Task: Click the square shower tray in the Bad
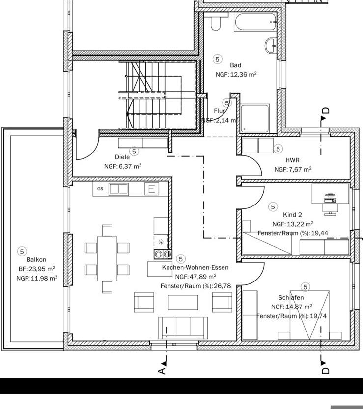(x=255, y=118)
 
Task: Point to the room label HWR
(x=292, y=160)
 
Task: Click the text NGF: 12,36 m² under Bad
(x=236, y=75)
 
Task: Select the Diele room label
(x=122, y=157)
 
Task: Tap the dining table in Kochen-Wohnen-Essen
(x=107, y=258)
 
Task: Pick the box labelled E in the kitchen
(x=152, y=189)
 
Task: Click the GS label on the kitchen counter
(x=100, y=188)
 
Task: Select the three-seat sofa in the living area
(x=183, y=327)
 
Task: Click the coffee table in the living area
(x=183, y=302)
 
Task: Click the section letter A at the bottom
(x=163, y=371)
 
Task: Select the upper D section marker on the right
(x=325, y=112)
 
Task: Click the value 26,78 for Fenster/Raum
(x=219, y=285)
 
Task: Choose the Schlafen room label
(x=291, y=297)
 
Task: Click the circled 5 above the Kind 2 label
(x=273, y=207)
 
